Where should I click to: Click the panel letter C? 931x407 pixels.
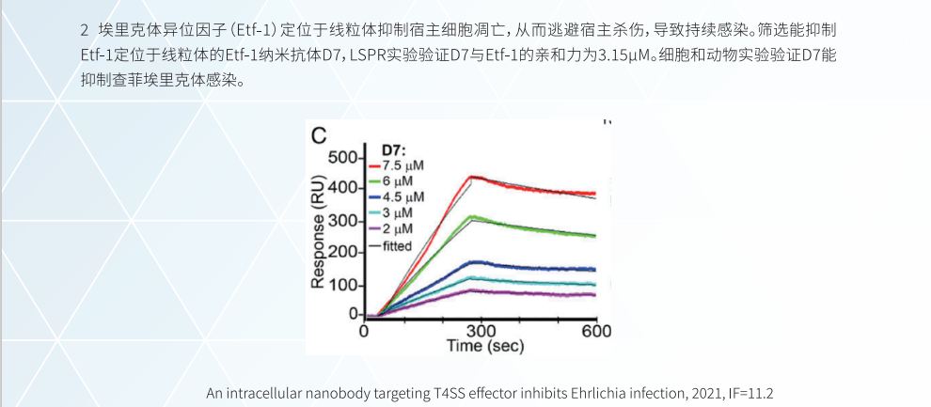pos(320,135)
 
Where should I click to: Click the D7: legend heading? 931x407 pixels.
pos(393,149)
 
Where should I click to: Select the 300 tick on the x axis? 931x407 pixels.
pos(481,331)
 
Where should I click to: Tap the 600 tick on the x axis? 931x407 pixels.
pos(595,331)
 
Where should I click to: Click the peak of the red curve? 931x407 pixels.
pos(472,176)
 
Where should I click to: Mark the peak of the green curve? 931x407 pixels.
pos(473,217)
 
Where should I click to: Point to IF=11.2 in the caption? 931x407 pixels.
pos(750,392)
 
